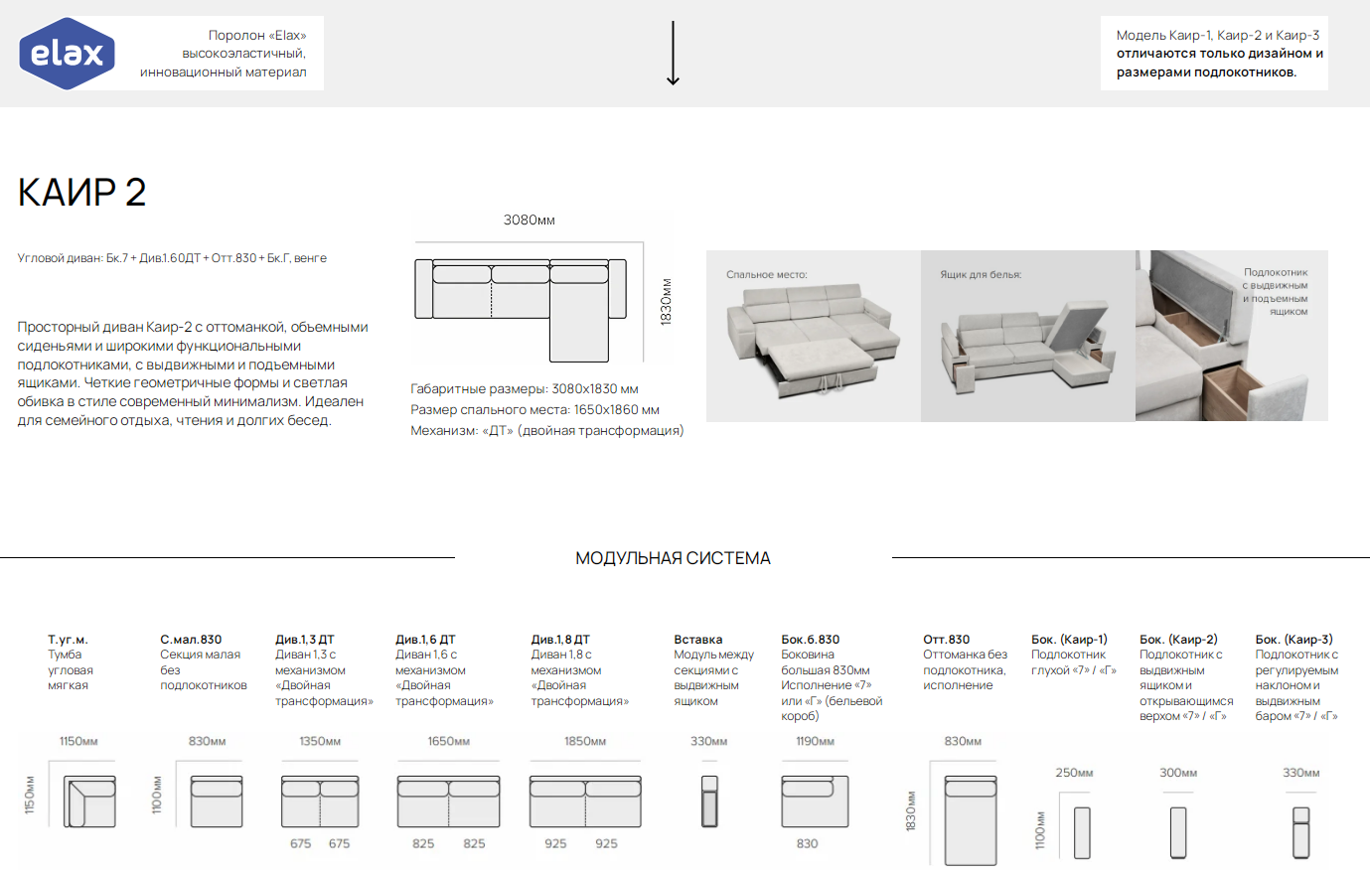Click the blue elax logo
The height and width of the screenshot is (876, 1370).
67,54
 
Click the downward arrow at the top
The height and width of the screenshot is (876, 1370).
673,53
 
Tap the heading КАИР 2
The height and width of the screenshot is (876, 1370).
81,192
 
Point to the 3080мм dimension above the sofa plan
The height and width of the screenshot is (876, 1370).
530,220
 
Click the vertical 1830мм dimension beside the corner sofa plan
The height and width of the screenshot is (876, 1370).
666,302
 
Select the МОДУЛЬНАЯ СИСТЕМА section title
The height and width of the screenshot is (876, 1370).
673,558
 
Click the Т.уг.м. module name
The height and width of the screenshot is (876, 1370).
68,640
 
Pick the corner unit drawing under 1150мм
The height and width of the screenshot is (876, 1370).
89,802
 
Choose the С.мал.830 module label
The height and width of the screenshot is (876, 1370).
191,640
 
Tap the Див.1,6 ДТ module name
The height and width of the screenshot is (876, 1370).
425,640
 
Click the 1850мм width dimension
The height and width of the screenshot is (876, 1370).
585,741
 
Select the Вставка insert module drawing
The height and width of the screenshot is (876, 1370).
709,802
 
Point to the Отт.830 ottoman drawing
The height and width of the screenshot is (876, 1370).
970,819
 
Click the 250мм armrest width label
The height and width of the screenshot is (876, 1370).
1074,773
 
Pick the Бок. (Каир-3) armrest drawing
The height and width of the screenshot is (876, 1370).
1300,832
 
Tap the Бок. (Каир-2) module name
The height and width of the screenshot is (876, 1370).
1178,640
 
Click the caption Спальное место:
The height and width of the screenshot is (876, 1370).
766,275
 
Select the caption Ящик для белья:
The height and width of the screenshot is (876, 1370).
981,275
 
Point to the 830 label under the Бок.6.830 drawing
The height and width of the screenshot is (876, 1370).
807,843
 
